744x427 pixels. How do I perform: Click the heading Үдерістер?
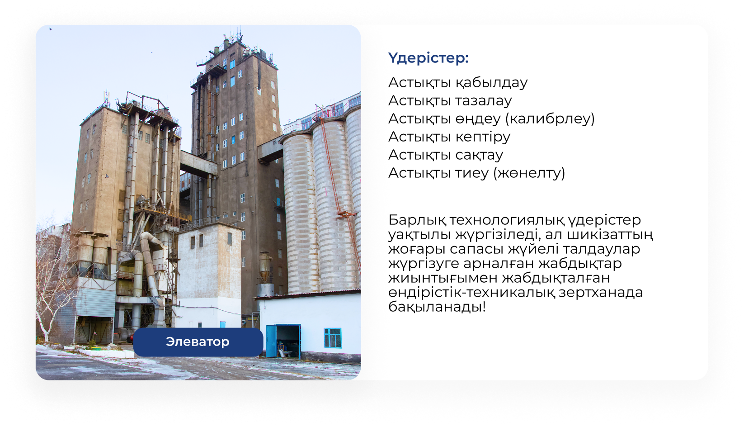pyautogui.click(x=428, y=58)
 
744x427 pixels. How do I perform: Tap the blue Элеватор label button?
pyautogui.click(x=198, y=342)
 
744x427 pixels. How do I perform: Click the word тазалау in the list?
pyautogui.click(x=484, y=101)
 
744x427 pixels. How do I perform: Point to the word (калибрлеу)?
pyautogui.click(x=550, y=119)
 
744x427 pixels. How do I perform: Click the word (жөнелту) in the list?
pyautogui.click(x=529, y=173)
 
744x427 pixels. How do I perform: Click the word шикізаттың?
pyautogui.click(x=610, y=235)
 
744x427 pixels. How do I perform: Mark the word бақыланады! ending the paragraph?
pyautogui.click(x=437, y=307)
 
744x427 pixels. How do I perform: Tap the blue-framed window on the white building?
pyautogui.click(x=333, y=338)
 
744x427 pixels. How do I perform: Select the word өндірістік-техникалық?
pyautogui.click(x=471, y=293)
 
